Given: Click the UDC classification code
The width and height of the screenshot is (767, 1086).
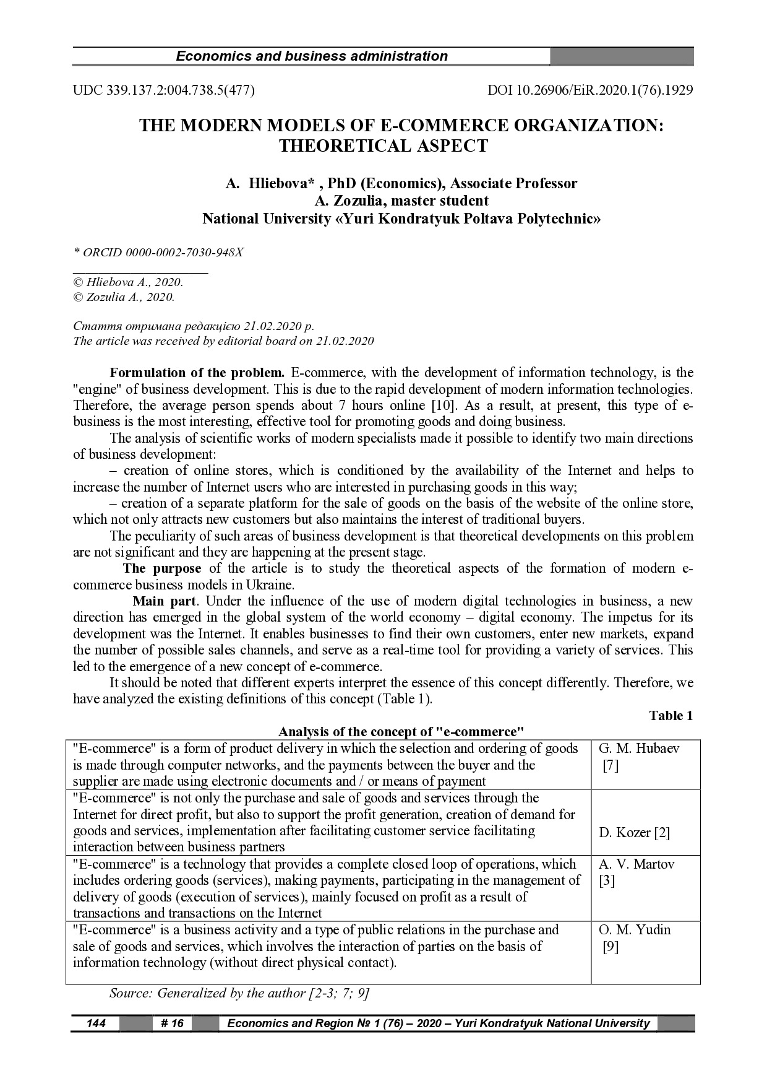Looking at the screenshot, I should coord(164,90).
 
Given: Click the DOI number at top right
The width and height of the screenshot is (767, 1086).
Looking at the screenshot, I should coord(590,90).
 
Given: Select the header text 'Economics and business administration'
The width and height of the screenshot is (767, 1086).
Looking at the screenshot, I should coord(312,56).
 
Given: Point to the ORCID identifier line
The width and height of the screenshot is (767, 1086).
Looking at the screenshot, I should coord(158,253).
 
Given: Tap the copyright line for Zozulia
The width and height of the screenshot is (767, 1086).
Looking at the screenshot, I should coord(124,297).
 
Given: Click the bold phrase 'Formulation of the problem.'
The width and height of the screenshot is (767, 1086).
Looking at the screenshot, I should coord(197,373).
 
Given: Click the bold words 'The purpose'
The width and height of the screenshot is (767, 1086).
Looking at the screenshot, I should coord(162,568).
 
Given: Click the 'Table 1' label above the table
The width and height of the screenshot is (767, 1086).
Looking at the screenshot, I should coord(671,716).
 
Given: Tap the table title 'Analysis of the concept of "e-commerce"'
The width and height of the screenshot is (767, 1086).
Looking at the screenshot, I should coord(401,732).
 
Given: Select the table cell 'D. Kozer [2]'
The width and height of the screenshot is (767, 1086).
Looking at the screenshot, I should coord(634,833).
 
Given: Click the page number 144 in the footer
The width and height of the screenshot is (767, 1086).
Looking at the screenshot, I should coord(95,1023).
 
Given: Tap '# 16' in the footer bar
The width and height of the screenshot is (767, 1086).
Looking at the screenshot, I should coord(172,1023).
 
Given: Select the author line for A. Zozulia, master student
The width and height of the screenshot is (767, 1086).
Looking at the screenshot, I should coord(401,201).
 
